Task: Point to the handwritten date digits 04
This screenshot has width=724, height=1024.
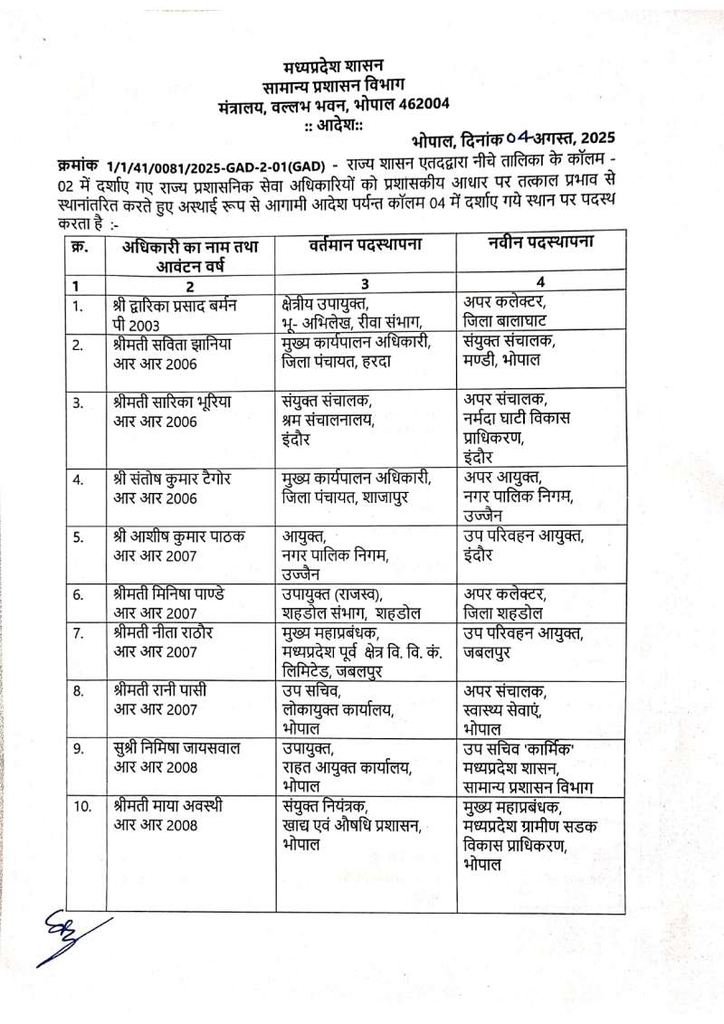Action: [519, 138]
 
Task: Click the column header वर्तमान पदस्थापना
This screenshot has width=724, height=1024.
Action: [366, 245]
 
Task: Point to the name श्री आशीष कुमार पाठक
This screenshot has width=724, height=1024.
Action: [175, 536]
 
